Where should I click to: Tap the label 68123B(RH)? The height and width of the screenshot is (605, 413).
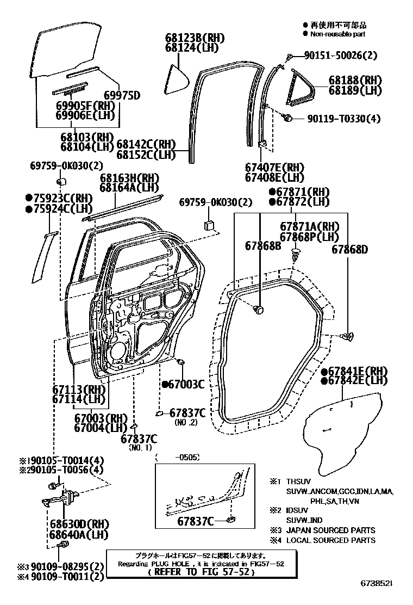(195, 38)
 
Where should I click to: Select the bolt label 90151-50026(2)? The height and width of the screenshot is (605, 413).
(340, 55)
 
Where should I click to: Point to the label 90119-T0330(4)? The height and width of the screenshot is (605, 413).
(343, 118)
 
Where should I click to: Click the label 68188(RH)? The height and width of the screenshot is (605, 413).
(355, 80)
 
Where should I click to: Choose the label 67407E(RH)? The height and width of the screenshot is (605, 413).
(274, 168)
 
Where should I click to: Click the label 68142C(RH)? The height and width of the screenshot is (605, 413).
(146, 144)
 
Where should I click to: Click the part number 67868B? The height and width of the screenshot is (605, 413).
(262, 246)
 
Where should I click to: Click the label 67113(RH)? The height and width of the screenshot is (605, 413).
(79, 390)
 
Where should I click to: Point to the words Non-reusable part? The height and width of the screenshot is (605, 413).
(337, 34)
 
